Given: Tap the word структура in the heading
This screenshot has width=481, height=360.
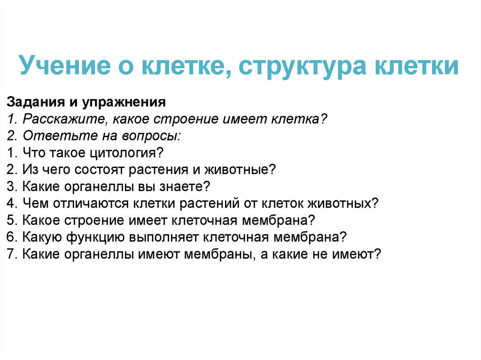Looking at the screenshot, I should click(x=303, y=66).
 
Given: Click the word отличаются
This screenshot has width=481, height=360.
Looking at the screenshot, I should click(x=93, y=203).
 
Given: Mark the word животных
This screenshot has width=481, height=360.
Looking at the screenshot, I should click(x=341, y=203).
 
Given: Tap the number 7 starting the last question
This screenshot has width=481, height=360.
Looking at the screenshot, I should click(x=11, y=254).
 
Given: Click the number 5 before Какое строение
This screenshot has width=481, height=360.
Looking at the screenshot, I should click(x=11, y=220).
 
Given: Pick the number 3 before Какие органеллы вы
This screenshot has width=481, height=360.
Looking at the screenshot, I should click(x=11, y=186).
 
